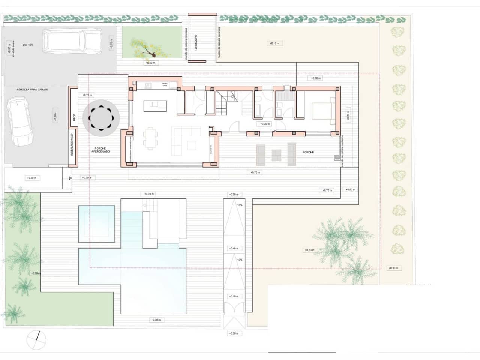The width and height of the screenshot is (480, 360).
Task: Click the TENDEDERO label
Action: click(x=196, y=43)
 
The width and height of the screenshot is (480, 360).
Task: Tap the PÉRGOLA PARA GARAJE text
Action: click(x=32, y=90)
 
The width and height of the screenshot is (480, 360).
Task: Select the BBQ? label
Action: click(x=74, y=117)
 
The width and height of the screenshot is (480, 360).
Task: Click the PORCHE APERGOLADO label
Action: click(x=100, y=150)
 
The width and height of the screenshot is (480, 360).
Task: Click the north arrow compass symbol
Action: click(x=36, y=340)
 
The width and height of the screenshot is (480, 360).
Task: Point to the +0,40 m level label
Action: click(x=234, y=248)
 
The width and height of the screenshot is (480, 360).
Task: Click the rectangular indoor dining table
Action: click(x=150, y=138)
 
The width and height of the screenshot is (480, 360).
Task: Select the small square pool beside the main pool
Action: click(x=96, y=223)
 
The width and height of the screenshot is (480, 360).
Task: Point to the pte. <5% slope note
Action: click(x=28, y=45)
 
